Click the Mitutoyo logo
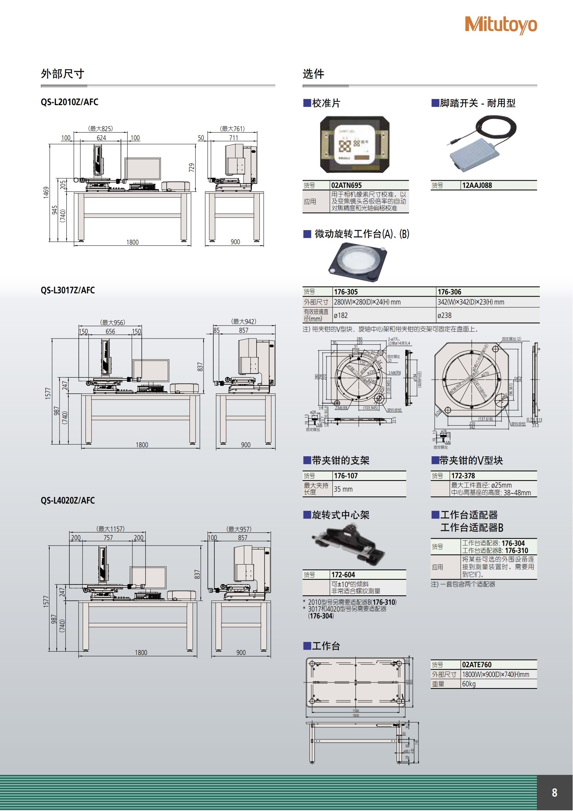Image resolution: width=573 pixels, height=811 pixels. click(501, 25)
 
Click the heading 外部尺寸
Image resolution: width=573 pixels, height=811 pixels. click(62, 74)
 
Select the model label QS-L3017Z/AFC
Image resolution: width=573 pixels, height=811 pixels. click(68, 290)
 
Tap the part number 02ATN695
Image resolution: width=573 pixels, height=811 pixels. click(346, 185)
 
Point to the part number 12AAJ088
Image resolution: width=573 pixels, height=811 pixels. click(477, 185)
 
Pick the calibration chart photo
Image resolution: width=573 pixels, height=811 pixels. click(355, 145)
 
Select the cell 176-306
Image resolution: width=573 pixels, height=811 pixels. click(449, 292)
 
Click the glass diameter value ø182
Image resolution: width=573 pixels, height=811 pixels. click(341, 315)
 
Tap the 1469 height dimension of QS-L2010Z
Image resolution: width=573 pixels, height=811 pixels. click(46, 192)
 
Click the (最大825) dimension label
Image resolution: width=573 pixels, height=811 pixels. click(101, 129)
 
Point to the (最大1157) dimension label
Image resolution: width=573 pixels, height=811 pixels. click(111, 529)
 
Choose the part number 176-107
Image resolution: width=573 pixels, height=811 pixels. click(346, 476)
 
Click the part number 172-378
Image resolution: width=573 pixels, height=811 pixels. click(463, 476)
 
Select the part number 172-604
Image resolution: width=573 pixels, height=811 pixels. click(343, 575)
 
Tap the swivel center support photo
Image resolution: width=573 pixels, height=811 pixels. click(349, 546)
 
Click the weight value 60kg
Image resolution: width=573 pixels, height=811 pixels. click(469, 684)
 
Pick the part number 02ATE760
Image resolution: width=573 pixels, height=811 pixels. click(477, 665)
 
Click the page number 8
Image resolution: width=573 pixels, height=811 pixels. click(554, 793)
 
